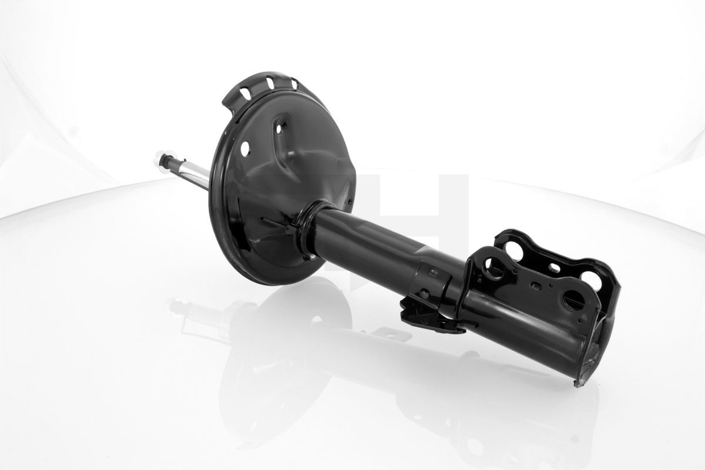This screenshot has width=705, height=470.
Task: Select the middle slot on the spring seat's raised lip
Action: [270, 82]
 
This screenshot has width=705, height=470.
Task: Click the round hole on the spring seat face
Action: [244, 149]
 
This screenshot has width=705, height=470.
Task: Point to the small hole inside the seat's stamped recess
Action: [281, 124]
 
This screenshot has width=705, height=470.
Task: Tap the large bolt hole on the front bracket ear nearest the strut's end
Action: [574, 300]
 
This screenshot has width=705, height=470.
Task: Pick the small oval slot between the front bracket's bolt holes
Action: [535, 287]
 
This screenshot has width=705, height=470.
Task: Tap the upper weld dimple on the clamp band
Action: [432, 273]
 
